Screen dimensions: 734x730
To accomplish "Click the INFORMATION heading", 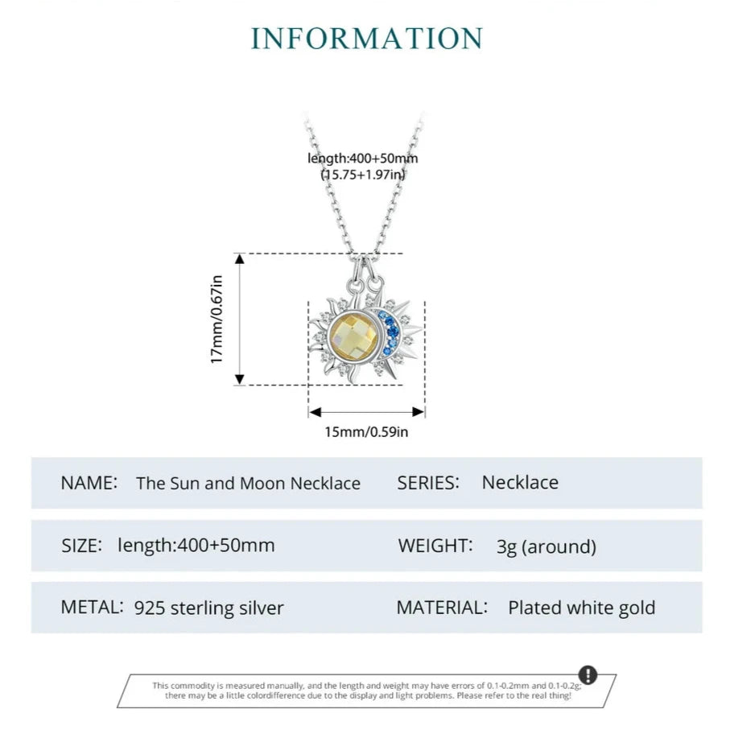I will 366,39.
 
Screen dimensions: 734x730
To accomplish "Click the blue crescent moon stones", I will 391,333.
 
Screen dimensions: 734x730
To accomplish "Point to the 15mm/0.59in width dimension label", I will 366,432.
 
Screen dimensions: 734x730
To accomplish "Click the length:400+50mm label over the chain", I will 363,159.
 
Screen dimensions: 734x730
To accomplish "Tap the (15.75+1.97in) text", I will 363,174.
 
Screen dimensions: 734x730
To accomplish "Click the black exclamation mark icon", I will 588,674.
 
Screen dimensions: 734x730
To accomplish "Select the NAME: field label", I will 89,483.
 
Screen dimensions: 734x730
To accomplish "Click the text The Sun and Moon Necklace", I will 248,484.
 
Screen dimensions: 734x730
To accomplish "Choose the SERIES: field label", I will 428,483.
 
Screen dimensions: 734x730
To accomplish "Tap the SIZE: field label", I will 81,545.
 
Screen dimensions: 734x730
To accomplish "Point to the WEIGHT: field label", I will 435,546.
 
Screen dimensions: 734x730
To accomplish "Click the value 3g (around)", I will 546,547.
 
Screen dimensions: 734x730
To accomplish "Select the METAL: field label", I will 92,607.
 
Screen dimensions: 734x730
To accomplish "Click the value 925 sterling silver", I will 209,608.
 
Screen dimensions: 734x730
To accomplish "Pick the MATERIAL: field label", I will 442,608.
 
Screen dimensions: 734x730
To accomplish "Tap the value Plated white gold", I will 581,608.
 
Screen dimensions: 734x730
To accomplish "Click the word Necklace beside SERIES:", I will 520,483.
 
